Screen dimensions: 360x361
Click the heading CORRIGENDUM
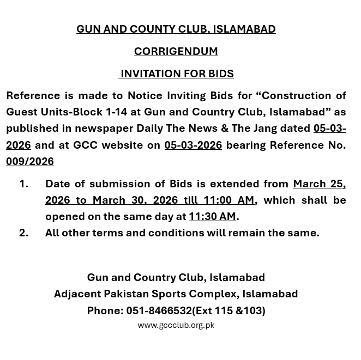[x=176, y=51]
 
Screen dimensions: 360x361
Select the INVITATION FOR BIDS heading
[x=177, y=74]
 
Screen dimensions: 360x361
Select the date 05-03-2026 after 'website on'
[x=193, y=145]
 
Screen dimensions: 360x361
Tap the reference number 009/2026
[x=30, y=161]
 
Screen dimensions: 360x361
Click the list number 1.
[x=23, y=184]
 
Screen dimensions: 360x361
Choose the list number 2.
[x=23, y=233]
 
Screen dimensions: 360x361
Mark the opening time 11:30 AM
[x=212, y=216]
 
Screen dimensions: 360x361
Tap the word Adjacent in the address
[x=77, y=294]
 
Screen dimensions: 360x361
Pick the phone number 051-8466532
[x=159, y=310]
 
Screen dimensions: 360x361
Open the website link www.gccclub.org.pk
[x=176, y=325]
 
